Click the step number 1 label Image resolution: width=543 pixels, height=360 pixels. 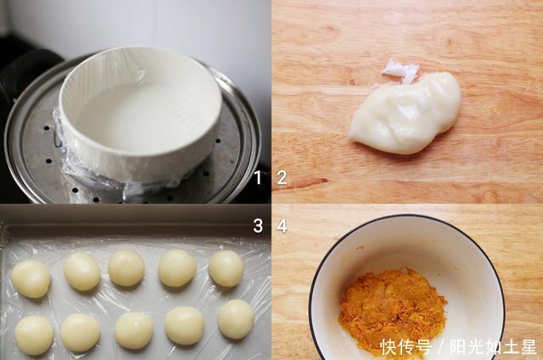tap(257, 177)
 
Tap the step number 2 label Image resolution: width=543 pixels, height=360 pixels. tap(282, 177)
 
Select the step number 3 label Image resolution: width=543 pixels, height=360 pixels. tap(258, 226)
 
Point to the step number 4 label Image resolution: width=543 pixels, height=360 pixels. tap(282, 226)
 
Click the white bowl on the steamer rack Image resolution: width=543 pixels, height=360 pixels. tap(140, 115)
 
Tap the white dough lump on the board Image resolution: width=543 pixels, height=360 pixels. tap(406, 113)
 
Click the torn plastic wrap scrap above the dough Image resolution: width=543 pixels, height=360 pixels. tap(400, 70)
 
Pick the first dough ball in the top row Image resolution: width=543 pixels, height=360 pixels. tap(31, 279)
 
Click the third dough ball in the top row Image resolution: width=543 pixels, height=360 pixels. tap(126, 267)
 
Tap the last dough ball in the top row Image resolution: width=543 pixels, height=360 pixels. tap(227, 268)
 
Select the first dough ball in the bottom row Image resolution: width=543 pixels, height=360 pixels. tap(34, 335)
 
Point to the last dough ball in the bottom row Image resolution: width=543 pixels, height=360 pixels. tap(236, 319)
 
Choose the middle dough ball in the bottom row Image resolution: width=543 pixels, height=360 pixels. tap(134, 330)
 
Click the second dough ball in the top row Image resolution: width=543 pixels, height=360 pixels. tap(81, 271)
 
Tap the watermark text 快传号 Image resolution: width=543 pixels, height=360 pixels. tap(406, 346)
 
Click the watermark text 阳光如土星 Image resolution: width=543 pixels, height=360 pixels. tap(493, 346)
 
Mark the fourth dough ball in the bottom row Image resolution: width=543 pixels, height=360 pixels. tap(184, 326)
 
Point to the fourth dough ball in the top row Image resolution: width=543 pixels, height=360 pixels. tap(177, 267)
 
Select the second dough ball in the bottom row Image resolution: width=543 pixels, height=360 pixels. tap(81, 333)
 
